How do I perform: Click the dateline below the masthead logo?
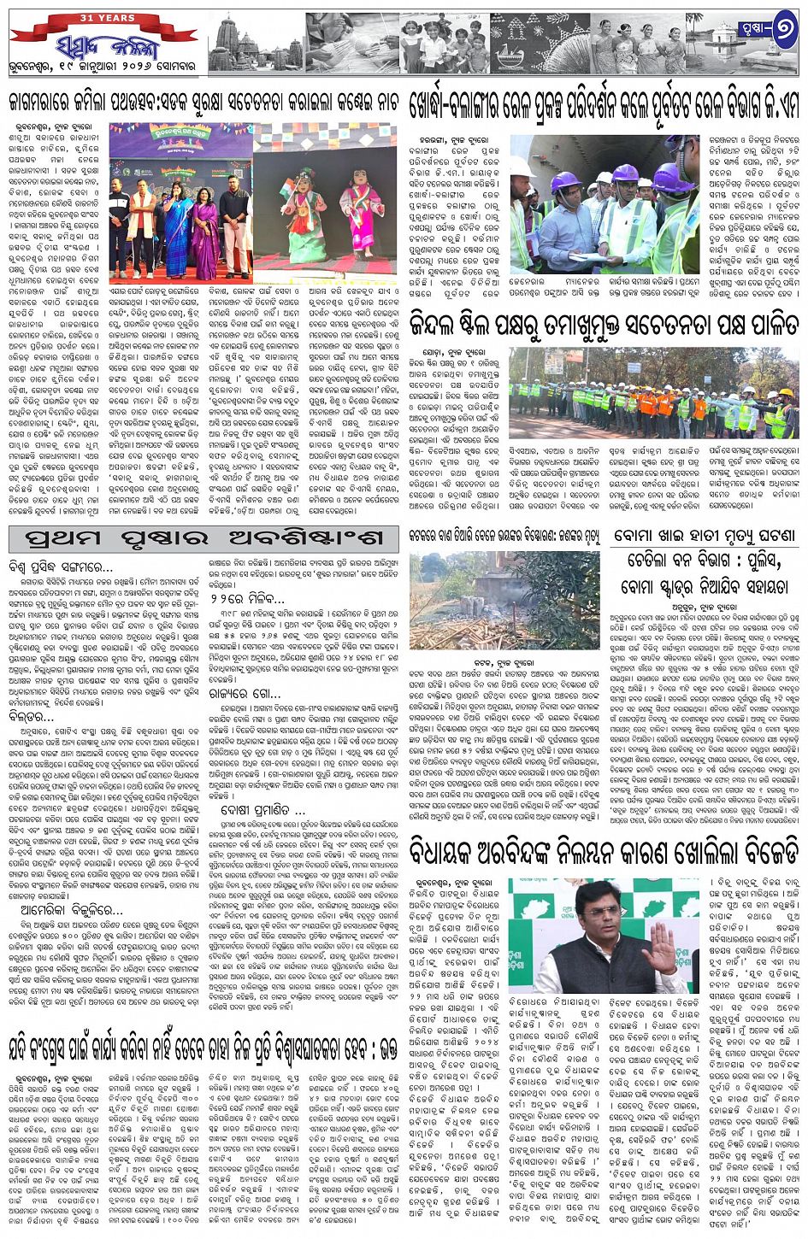coord(103,67)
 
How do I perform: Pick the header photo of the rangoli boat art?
coord(540,43)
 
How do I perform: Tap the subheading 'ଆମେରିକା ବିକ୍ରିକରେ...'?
coord(65,911)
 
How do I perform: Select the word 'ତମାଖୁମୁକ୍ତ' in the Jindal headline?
coord(537,325)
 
